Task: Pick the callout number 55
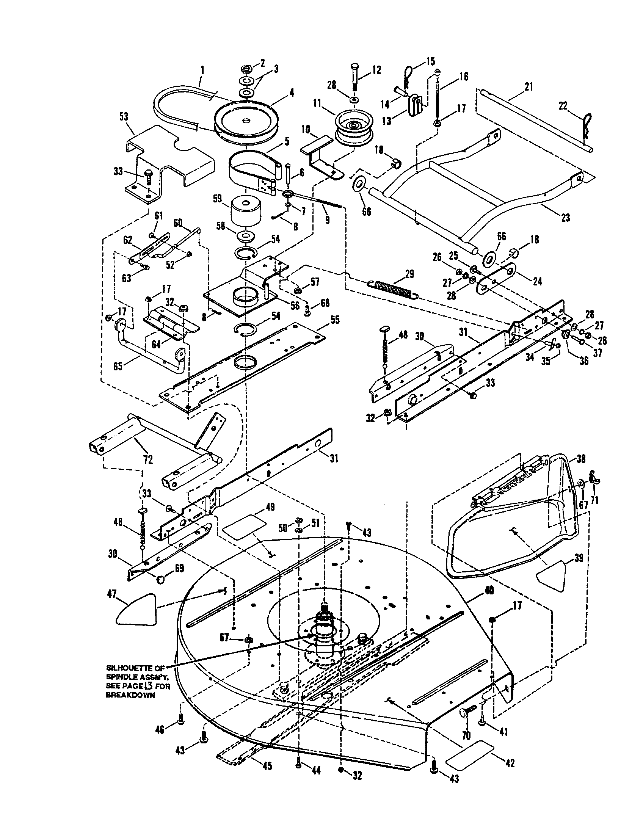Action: [x=334, y=319]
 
